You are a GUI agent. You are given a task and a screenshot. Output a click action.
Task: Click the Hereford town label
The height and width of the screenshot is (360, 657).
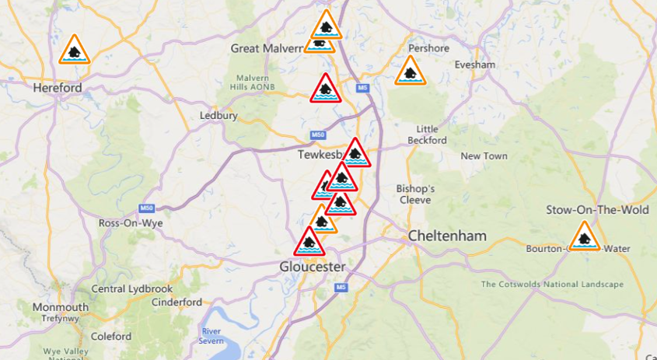tap(58, 88)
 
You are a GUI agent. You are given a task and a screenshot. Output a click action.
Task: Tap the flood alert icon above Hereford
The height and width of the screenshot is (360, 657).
tap(75, 51)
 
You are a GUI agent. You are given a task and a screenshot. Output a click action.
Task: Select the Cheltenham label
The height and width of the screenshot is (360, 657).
tap(448, 236)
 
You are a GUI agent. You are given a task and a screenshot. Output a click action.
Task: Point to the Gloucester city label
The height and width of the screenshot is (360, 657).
tap(312, 267)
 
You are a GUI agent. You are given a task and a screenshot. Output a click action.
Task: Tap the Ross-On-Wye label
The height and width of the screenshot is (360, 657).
tap(130, 222)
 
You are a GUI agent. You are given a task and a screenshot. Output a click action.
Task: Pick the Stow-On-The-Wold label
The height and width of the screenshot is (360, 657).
tap(586, 210)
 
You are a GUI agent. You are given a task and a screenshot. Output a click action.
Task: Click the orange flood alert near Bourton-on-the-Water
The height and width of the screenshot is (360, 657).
tap(583, 237)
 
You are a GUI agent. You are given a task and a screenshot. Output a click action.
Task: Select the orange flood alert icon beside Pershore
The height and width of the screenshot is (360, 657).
tap(410, 72)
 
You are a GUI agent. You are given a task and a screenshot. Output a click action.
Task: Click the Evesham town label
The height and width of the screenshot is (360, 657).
tap(474, 65)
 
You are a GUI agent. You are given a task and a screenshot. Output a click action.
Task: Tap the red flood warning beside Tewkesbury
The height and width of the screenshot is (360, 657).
tap(355, 154)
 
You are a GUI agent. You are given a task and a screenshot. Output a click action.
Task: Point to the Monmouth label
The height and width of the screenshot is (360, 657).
tap(60, 307)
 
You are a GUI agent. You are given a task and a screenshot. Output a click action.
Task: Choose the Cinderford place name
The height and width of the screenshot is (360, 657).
tap(176, 302)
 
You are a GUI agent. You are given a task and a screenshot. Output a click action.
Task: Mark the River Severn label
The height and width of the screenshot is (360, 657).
tap(212, 336)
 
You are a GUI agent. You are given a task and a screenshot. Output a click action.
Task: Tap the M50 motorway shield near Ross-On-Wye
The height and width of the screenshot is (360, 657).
tap(146, 208)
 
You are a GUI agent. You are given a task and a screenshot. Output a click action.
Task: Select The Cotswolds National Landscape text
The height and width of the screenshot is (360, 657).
tap(552, 284)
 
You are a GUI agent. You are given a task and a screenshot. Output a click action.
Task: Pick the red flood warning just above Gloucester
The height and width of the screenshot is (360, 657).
tap(309, 243)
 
